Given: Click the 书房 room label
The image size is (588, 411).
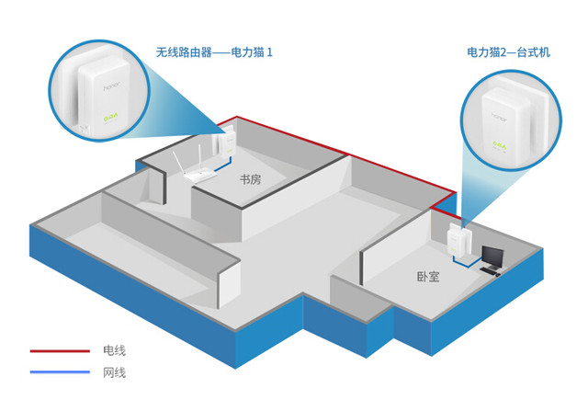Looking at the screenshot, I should click(x=250, y=181).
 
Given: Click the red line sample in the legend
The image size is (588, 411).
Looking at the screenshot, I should click(x=58, y=350).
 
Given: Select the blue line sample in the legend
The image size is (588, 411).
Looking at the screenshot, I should click(x=58, y=372).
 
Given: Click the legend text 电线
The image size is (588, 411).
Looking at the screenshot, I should click(x=113, y=350).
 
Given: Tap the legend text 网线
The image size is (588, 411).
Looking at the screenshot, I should click(x=113, y=372).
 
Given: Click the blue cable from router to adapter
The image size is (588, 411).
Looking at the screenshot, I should click(x=219, y=168).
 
